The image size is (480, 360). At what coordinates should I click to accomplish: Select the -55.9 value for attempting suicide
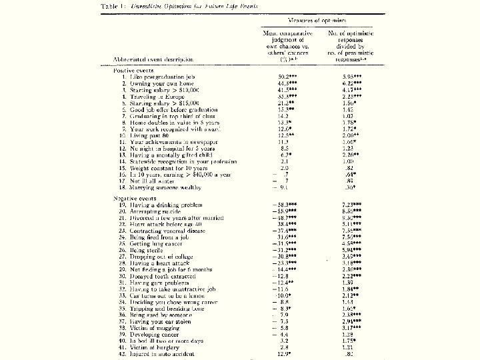tap(283, 211)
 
